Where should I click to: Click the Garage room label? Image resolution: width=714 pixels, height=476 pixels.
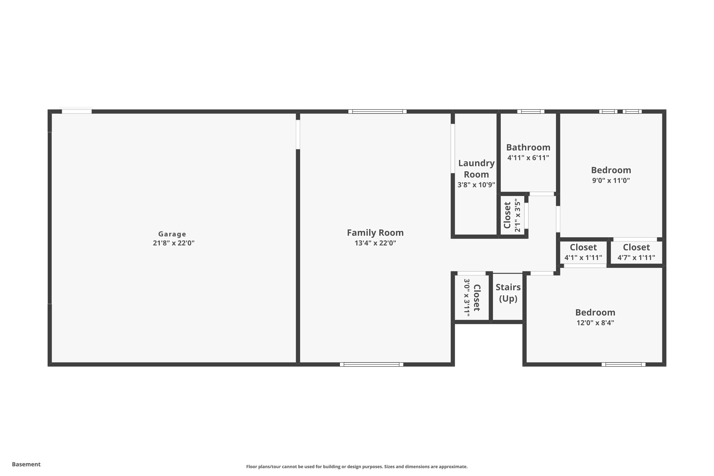tap(172, 234)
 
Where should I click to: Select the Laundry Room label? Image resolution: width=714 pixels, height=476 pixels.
tap(476, 169)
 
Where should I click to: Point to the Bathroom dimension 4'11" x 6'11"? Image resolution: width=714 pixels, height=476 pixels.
tap(528, 158)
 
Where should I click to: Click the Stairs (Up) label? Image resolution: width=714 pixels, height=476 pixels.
tap(508, 293)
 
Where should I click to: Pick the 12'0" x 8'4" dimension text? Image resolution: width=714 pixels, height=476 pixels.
tap(595, 323)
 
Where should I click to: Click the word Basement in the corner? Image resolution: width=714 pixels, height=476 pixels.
tap(26, 464)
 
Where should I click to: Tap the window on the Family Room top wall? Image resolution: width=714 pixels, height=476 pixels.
tap(377, 111)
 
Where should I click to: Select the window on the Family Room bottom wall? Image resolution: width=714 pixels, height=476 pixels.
tap(372, 364)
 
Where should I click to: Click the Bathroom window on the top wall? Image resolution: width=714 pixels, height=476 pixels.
tap(531, 111)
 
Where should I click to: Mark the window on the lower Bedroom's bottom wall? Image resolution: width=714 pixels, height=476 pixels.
tap(624, 364)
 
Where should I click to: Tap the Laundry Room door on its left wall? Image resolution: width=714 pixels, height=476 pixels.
tap(453, 149)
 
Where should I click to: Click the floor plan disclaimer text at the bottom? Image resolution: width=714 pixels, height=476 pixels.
tap(357, 466)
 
